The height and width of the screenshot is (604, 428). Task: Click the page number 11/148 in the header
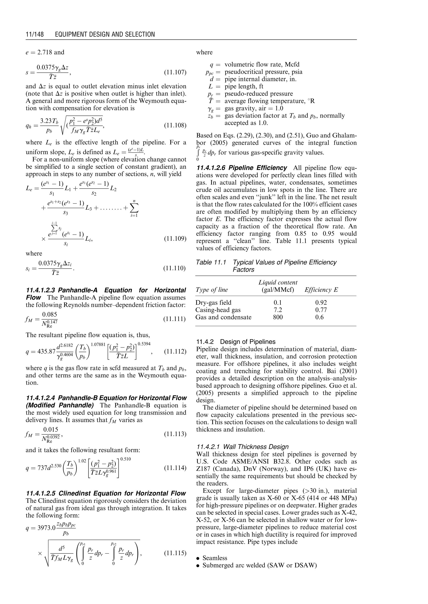pyautogui.click(x=35, y=34)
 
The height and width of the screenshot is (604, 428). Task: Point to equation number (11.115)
pyautogui.click(x=175, y=553)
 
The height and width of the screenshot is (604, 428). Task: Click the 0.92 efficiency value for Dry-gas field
pyautogui.click(x=321, y=303)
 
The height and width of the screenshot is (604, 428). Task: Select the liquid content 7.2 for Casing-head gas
pyautogui.click(x=278, y=310)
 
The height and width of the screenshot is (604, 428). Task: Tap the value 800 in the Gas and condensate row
pyautogui.click(x=278, y=317)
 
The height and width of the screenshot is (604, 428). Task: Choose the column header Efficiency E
pyautogui.click(x=321, y=290)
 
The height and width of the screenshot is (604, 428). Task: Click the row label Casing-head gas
pyautogui.click(x=218, y=310)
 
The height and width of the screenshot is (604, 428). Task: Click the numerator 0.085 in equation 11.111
pyautogui.click(x=50, y=315)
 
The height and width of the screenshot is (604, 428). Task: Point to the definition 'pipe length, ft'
pyautogui.click(x=244, y=86)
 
